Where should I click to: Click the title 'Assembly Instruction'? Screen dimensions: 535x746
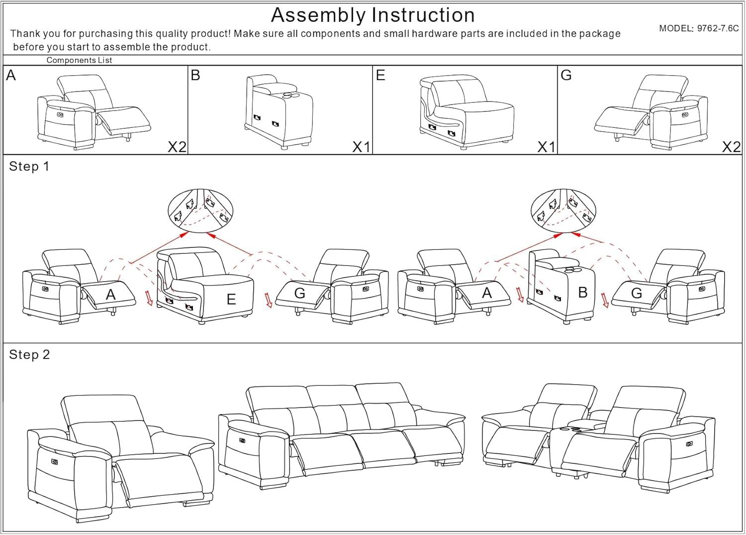click(373, 15)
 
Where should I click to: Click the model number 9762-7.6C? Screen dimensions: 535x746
click(717, 28)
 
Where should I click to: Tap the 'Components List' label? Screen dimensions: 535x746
click(79, 60)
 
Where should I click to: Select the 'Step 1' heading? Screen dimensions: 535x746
click(29, 167)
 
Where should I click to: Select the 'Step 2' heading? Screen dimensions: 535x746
click(29, 355)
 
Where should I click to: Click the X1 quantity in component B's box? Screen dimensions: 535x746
click(362, 147)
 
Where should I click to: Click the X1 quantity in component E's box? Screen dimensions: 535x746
click(547, 147)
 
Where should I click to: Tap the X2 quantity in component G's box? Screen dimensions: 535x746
click(731, 147)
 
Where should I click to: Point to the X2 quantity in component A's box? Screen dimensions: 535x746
click(177, 147)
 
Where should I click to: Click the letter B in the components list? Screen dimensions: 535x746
click(195, 75)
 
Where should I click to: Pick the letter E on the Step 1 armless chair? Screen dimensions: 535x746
click(231, 299)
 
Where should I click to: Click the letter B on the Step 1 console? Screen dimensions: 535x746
click(583, 293)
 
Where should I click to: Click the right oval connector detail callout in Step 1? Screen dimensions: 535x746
click(563, 210)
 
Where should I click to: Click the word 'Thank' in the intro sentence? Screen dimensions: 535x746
click(23, 34)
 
